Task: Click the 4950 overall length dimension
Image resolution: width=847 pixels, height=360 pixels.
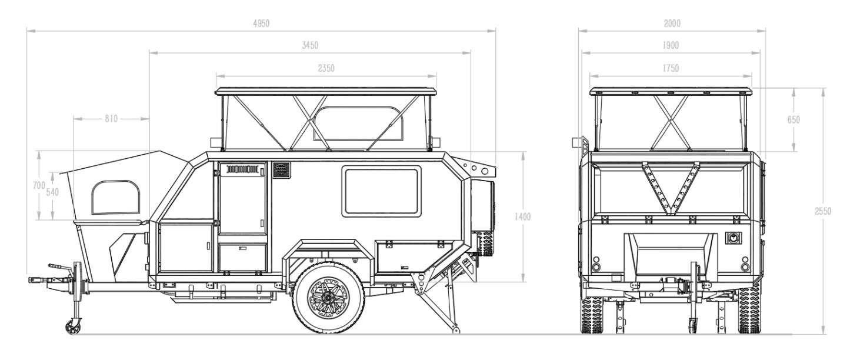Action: point(261,24)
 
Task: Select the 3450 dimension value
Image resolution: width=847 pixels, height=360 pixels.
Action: point(310,46)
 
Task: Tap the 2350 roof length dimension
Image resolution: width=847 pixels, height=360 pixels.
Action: point(326,68)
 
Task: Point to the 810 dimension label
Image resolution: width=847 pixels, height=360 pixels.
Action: point(111,119)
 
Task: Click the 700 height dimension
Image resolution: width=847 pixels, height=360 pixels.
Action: point(39,185)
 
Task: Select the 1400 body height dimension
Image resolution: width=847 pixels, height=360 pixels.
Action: point(522,216)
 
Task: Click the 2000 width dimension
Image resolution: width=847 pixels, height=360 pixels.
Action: point(671,24)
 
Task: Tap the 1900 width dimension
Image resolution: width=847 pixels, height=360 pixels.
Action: point(670,46)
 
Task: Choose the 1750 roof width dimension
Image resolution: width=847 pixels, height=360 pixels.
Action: point(670,68)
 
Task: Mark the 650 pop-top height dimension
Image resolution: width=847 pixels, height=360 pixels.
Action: point(793,119)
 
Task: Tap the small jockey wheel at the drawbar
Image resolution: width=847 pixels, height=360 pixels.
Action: point(74,325)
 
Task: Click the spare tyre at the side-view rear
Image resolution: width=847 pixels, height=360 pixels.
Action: point(486,218)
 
